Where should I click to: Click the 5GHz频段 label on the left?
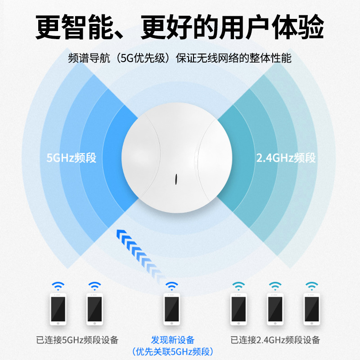(72, 158)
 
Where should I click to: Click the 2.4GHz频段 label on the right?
(286, 158)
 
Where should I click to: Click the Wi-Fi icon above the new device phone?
(171, 285)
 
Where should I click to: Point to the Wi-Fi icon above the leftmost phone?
(58, 285)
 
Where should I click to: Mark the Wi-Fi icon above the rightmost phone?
(311, 285)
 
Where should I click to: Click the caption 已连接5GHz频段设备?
(78, 340)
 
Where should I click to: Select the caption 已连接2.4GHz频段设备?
(275, 340)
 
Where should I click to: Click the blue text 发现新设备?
(172, 340)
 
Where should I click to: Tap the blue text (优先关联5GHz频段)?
(172, 351)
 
